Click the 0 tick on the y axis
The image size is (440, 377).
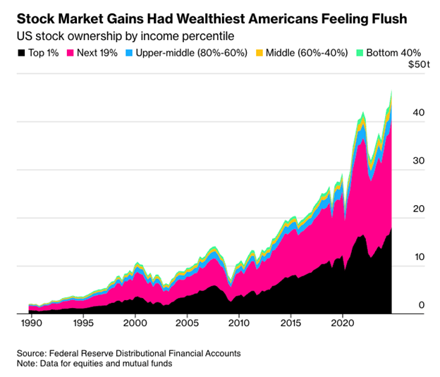[422, 305]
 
